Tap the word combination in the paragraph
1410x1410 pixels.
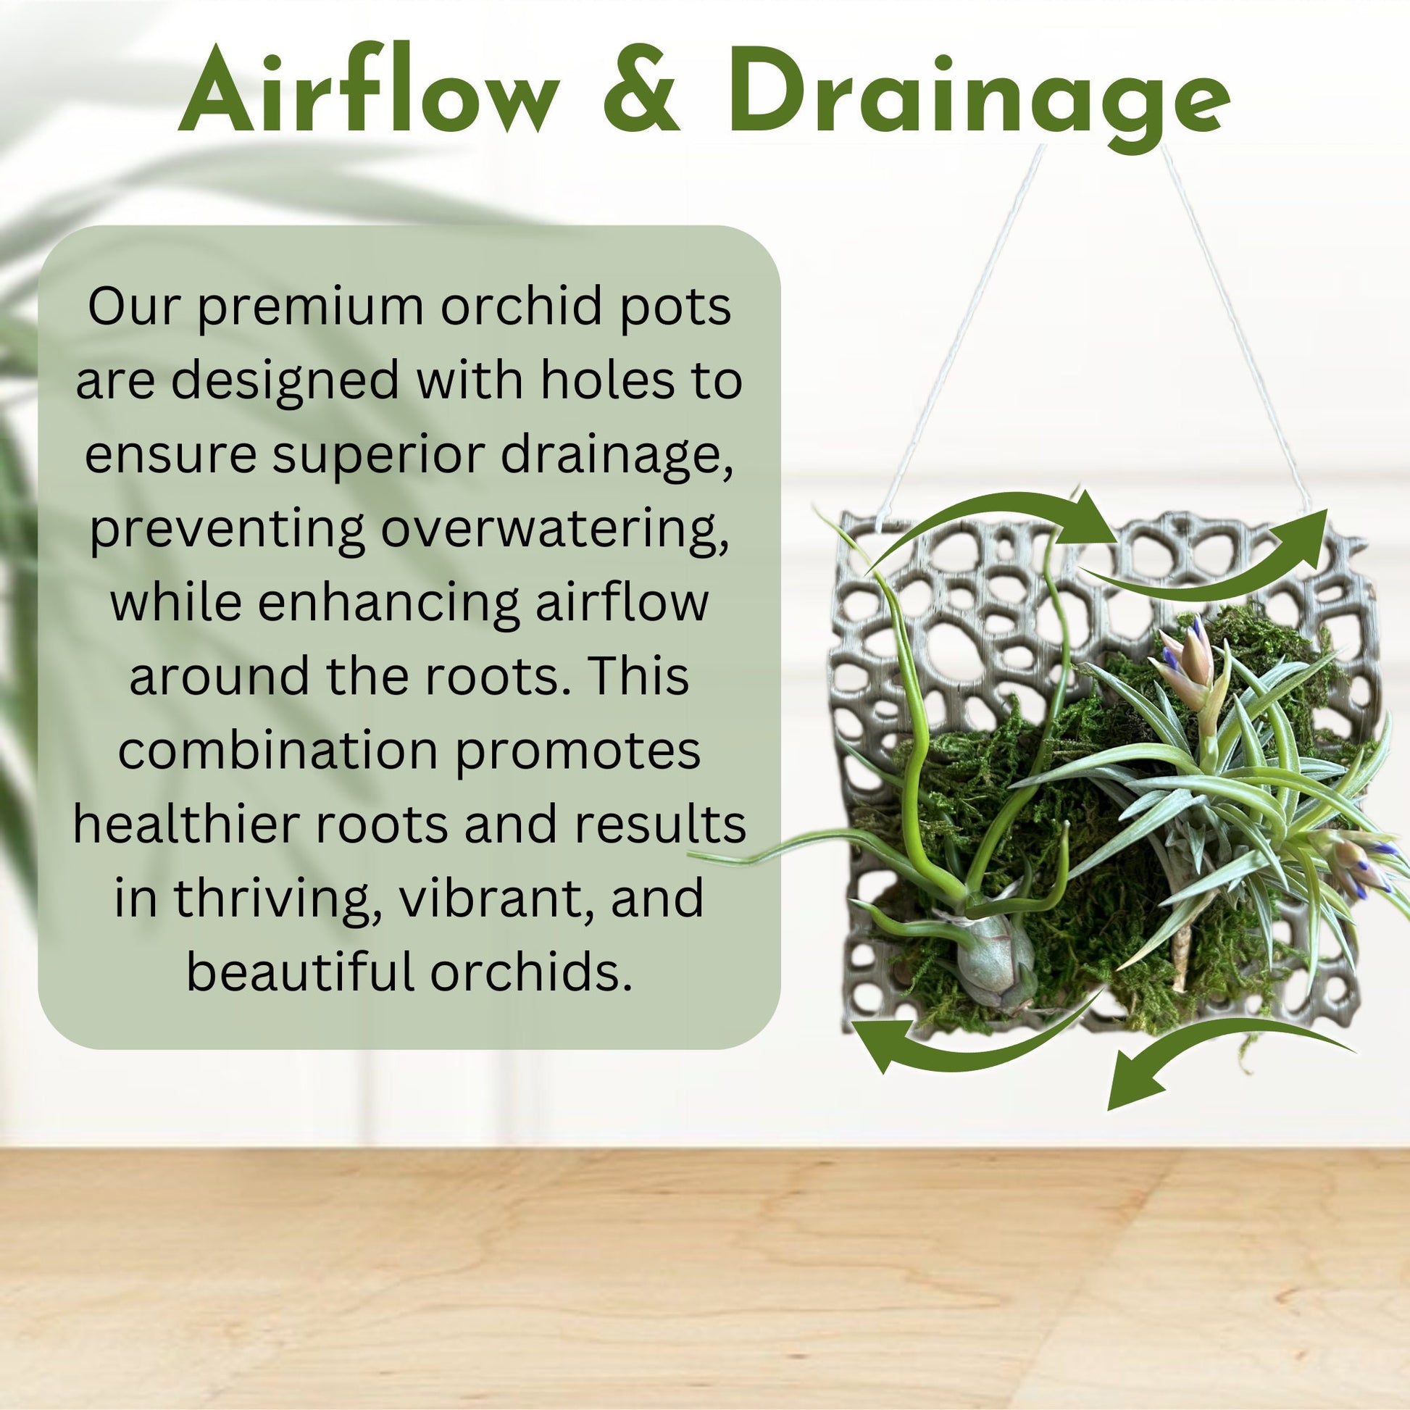tap(278, 751)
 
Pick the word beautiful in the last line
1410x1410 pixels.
tap(300, 972)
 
